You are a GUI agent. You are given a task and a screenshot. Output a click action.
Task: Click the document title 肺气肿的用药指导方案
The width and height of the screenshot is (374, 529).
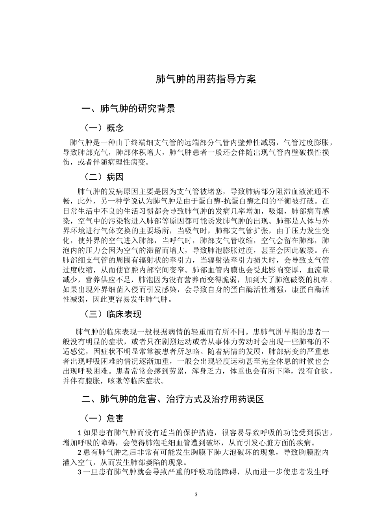pos(206,79)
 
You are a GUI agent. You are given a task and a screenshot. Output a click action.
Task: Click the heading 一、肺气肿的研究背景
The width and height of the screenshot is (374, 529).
pos(128,109)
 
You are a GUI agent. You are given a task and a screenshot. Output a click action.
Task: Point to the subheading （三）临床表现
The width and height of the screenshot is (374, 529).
pos(113,314)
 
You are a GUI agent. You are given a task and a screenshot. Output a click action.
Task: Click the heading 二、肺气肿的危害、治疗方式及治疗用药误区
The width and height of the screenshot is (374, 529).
pos(172,399)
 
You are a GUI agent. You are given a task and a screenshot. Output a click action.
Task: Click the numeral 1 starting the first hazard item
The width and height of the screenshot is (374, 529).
pos(80,433)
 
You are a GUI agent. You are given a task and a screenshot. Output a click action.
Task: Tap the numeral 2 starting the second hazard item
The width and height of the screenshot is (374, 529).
pos(80,453)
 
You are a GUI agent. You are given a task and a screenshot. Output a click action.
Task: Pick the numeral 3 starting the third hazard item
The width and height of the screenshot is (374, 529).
pos(80,472)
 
